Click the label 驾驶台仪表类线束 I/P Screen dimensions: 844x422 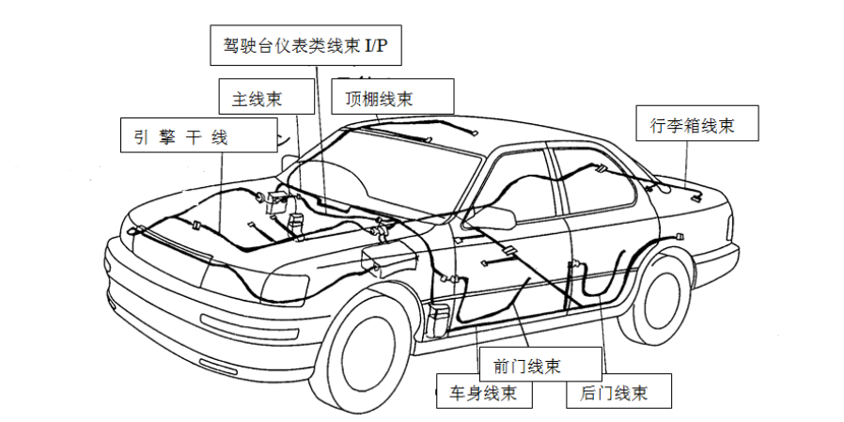pyautogui.click(x=305, y=45)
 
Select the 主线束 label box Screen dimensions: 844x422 pyautogui.click(x=266, y=97)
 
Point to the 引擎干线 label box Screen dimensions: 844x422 pyautogui.click(x=198, y=135)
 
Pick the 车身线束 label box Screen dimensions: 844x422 pyautogui.click(x=484, y=391)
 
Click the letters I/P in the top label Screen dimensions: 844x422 pyautogui.click(x=376, y=46)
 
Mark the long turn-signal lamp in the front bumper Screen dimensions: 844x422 pyautogui.click(x=249, y=327)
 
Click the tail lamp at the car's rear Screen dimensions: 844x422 pyautogui.click(x=729, y=227)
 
